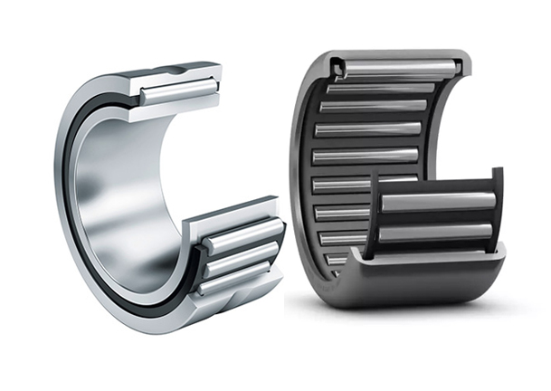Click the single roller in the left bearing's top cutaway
point(179,89)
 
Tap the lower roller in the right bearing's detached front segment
point(435,232)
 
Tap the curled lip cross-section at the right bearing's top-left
point(337,66)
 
